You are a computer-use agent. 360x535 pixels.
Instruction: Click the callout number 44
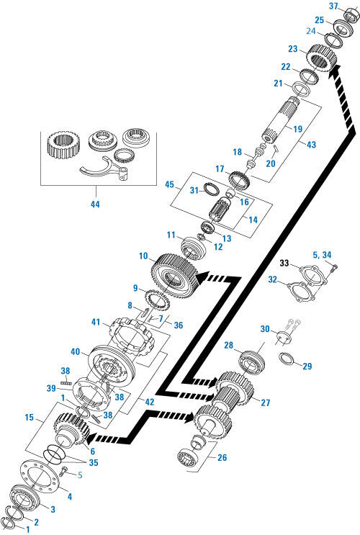point(94,204)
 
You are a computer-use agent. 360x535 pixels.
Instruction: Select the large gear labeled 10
point(172,271)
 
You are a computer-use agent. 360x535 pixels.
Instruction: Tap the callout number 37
point(333,6)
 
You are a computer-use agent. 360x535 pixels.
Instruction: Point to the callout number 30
point(266,330)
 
